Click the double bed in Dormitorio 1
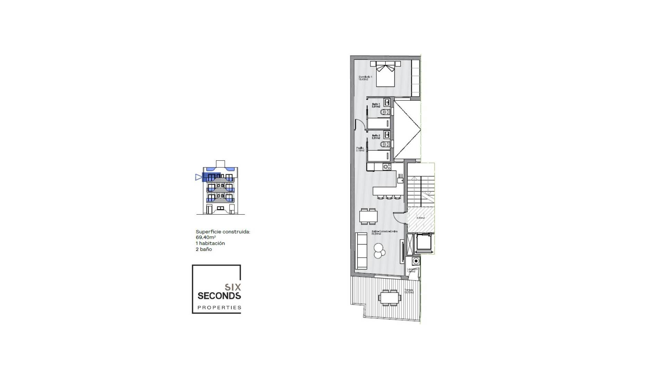pyautogui.click(x=385, y=75)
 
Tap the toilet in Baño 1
pyautogui.click(x=384, y=112)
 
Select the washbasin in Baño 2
pyautogui.click(x=386, y=134)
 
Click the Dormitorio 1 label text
pyautogui.click(x=365, y=78)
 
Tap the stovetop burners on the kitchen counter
pyautogui.click(x=386, y=167)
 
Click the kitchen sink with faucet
pyautogui.click(x=400, y=180)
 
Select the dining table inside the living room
pyautogui.click(x=368, y=217)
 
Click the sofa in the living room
pyautogui.click(x=361, y=251)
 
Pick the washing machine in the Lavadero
pyautogui.click(x=416, y=261)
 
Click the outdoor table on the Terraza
pyautogui.click(x=390, y=298)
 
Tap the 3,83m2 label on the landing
pyautogui.click(x=420, y=218)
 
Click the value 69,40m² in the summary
pyautogui.click(x=206, y=237)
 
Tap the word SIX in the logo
pyautogui.click(x=233, y=287)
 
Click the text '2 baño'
pyautogui.click(x=204, y=249)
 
